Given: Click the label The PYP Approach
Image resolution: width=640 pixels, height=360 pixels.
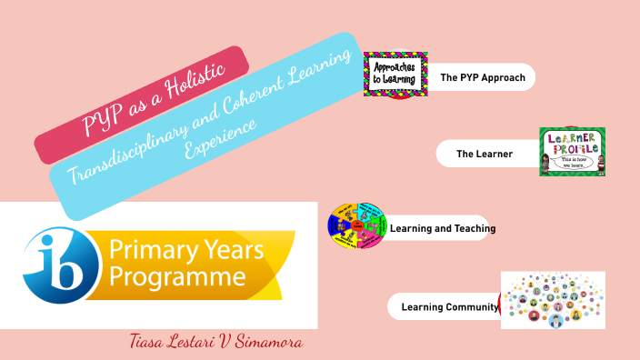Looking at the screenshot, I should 483,77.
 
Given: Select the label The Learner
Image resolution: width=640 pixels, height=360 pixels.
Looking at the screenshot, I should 485,154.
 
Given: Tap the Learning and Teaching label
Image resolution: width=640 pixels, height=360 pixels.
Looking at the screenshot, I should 442,228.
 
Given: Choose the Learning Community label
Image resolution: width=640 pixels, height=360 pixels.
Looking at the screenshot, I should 449,306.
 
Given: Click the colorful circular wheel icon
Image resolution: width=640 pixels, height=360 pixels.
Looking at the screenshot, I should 357,226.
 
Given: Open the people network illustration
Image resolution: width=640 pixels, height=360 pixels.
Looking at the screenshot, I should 553,300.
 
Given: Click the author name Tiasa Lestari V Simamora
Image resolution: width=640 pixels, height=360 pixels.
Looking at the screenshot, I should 215,343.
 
